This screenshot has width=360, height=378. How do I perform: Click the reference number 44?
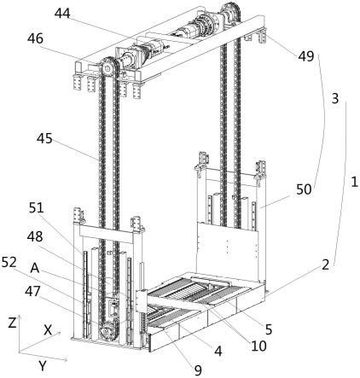(x=62, y=14)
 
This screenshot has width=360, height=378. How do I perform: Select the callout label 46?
(x=35, y=38)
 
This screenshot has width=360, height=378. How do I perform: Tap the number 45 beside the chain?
(x=44, y=138)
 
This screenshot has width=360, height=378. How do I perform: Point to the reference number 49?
(x=306, y=56)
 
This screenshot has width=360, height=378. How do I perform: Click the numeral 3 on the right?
(x=335, y=98)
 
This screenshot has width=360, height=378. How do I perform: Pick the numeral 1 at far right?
(x=354, y=182)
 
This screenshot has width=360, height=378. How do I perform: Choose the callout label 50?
(x=304, y=189)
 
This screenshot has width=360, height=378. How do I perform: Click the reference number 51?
(x=37, y=208)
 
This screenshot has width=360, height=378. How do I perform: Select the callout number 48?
(x=35, y=236)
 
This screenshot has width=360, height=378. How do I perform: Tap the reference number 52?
(x=9, y=263)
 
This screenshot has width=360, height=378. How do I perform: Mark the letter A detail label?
(x=35, y=268)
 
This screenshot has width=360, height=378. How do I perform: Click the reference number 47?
(x=32, y=291)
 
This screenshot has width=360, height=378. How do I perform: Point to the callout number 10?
(x=258, y=346)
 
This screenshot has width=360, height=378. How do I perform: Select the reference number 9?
(x=198, y=370)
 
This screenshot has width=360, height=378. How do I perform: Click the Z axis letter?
(x=12, y=323)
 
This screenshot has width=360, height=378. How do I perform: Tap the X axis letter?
(x=49, y=330)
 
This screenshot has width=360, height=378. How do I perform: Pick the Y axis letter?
(x=43, y=366)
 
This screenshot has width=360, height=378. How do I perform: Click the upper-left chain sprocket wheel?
(x=107, y=68)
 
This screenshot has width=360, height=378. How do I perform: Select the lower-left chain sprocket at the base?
(x=106, y=331)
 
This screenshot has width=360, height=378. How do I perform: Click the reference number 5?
(x=269, y=329)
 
